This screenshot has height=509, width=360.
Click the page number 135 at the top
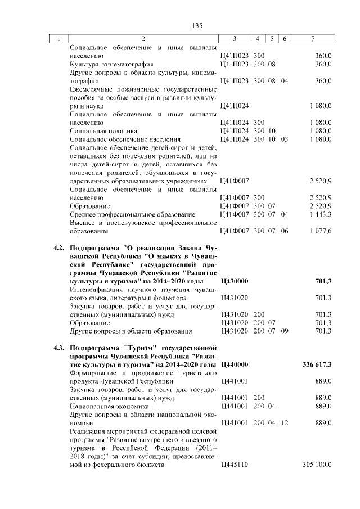[x=197, y=26]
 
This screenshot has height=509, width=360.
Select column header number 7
[x=313, y=39]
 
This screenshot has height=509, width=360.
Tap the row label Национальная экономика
[x=102, y=406]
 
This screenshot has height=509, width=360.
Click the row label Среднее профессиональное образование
[x=132, y=214]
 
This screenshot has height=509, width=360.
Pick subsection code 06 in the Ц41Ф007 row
[x=285, y=231]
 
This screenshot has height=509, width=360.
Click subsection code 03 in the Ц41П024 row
[x=285, y=139]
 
